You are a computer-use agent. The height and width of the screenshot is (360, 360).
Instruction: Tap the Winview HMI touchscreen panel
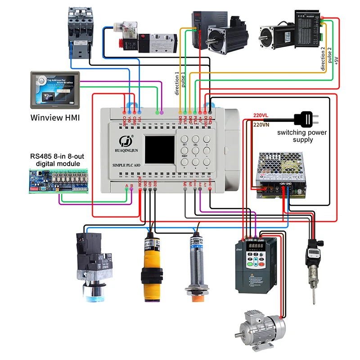coord(54,89)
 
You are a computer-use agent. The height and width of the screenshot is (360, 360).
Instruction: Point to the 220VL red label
coord(260,115)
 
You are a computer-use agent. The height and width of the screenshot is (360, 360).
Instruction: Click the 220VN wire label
coord(261,125)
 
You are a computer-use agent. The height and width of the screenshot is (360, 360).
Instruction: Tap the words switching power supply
coord(302,136)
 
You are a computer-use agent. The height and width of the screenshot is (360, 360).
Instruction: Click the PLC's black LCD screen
coord(159,150)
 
